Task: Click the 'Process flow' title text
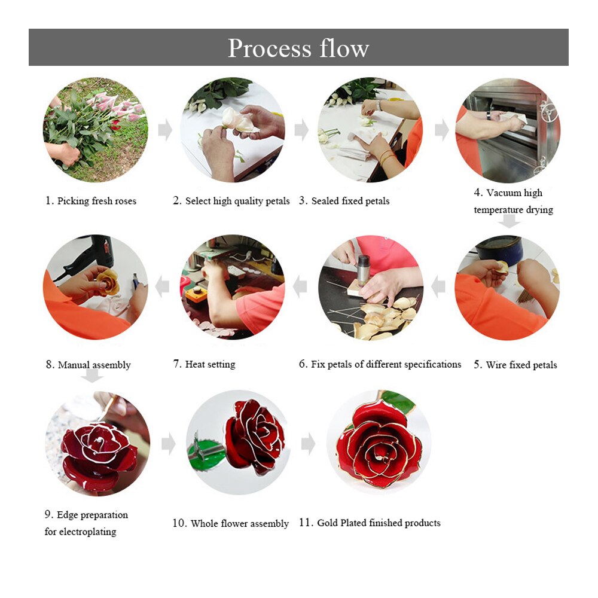point(298,48)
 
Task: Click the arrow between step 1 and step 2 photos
point(165,130)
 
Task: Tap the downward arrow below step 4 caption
point(509,221)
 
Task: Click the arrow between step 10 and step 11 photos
point(308,444)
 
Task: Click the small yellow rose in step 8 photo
point(109,281)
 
